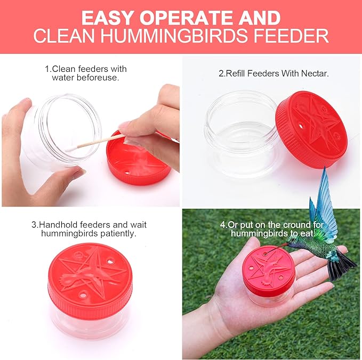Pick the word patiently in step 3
[x=118, y=234]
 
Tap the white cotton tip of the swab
[x=71, y=149]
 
